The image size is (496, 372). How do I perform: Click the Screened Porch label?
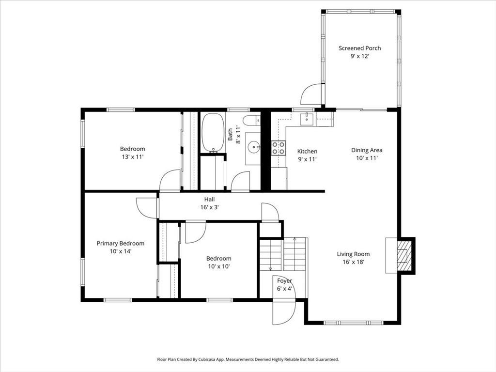click(360, 48)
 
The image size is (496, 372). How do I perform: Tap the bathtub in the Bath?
click(213, 133)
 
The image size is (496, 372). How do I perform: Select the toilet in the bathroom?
click(252, 121)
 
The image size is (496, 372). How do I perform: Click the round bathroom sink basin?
click(254, 147)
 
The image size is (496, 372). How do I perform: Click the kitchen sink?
click(307, 119)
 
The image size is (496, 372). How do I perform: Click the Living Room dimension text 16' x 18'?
click(353, 262)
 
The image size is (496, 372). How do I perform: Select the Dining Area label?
click(367, 150)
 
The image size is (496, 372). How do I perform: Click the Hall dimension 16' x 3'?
click(209, 207)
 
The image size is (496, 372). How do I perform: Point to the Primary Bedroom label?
click(121, 244)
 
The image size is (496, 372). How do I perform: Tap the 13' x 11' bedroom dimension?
click(133, 157)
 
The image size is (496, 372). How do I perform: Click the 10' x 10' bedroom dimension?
click(219, 266)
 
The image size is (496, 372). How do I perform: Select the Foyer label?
click(285, 281)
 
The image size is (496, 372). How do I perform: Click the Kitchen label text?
click(307, 152)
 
